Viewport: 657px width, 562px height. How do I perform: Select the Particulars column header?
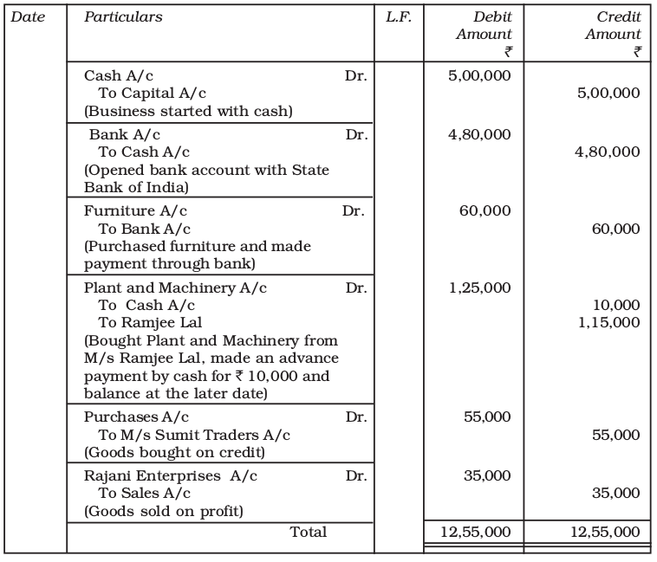click(122, 17)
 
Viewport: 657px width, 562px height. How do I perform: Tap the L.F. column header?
click(398, 17)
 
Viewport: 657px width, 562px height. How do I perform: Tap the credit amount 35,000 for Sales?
click(615, 494)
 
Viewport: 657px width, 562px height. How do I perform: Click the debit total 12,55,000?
click(475, 532)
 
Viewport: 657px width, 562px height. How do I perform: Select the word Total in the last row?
click(308, 532)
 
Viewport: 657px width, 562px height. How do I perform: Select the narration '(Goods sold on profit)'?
click(163, 511)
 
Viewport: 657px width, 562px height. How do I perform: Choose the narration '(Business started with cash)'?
click(187, 110)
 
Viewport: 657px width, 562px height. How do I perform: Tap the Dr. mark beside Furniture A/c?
click(354, 210)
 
